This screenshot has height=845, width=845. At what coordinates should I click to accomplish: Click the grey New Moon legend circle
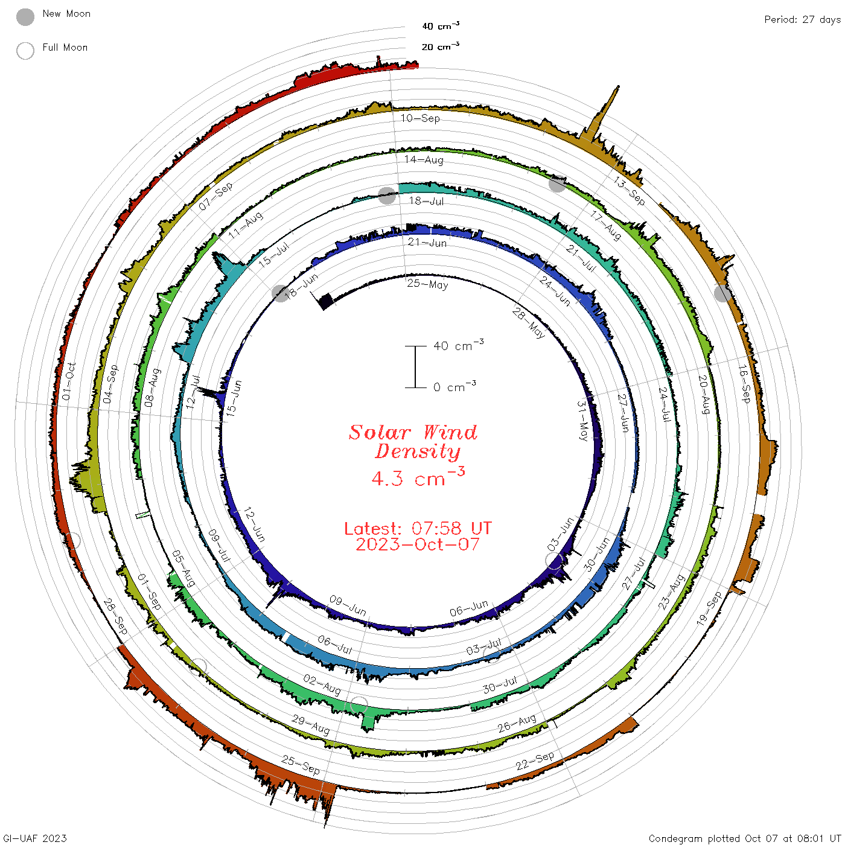(x=25, y=17)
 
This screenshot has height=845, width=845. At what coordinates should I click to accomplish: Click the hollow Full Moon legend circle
(x=25, y=51)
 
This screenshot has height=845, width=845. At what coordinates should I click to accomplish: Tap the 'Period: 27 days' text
(x=802, y=20)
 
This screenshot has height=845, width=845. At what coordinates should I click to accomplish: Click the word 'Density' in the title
(x=417, y=451)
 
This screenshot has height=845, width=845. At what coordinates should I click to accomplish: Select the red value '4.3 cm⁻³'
(x=418, y=477)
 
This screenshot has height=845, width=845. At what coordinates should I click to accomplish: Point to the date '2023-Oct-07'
(x=417, y=544)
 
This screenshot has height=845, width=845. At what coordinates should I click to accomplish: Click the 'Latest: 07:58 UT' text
(x=418, y=528)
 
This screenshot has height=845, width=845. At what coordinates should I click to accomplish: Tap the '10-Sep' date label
(x=420, y=118)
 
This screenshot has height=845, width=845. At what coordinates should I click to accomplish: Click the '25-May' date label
(x=427, y=284)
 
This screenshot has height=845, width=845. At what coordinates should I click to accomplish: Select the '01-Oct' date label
(x=69, y=381)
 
